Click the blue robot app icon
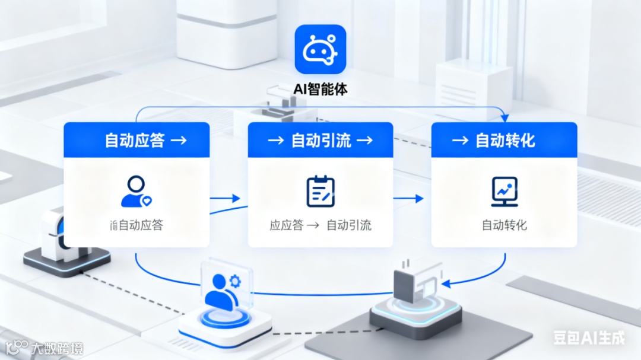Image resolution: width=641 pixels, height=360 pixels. pos(320,49)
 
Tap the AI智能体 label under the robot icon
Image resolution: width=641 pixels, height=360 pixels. pos(320,89)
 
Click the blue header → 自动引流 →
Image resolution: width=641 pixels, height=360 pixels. pos(320,140)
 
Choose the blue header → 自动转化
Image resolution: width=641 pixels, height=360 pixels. pos(504,140)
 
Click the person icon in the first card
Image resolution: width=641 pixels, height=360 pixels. pos(137,191)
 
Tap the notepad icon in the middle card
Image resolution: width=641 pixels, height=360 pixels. pos(320,192)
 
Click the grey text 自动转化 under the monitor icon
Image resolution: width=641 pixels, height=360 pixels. pos(504,225)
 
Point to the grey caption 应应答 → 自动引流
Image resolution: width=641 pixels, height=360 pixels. pos(320,225)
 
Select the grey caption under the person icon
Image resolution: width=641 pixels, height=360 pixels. pos(137,225)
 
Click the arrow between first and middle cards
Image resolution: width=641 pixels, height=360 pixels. pos(228,199)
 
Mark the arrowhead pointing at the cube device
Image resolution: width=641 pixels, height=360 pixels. pos(446,283)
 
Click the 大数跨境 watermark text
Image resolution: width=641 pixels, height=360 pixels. pos(57,348)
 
